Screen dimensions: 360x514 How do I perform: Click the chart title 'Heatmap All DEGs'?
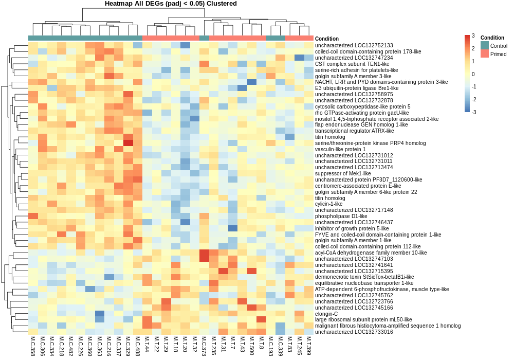pyautogui.click(x=171, y=4)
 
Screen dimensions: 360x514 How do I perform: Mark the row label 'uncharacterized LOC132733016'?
pyautogui.click(x=347, y=332)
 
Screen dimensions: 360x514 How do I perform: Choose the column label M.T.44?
pyautogui.click(x=147, y=345)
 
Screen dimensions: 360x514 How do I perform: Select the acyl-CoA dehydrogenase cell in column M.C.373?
pyautogui.click(x=204, y=253)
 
